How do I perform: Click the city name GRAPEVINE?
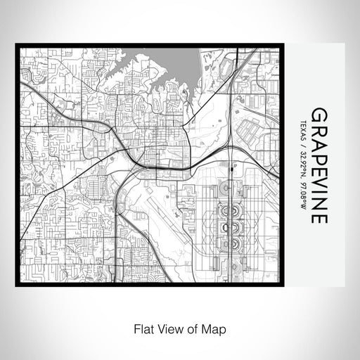click(319, 166)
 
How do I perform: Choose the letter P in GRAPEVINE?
click(319, 155)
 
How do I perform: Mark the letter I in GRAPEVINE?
click(319, 191)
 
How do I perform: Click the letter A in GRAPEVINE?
click(319, 141)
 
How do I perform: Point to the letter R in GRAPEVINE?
click(319, 128)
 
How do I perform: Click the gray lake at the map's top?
click(176, 67)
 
